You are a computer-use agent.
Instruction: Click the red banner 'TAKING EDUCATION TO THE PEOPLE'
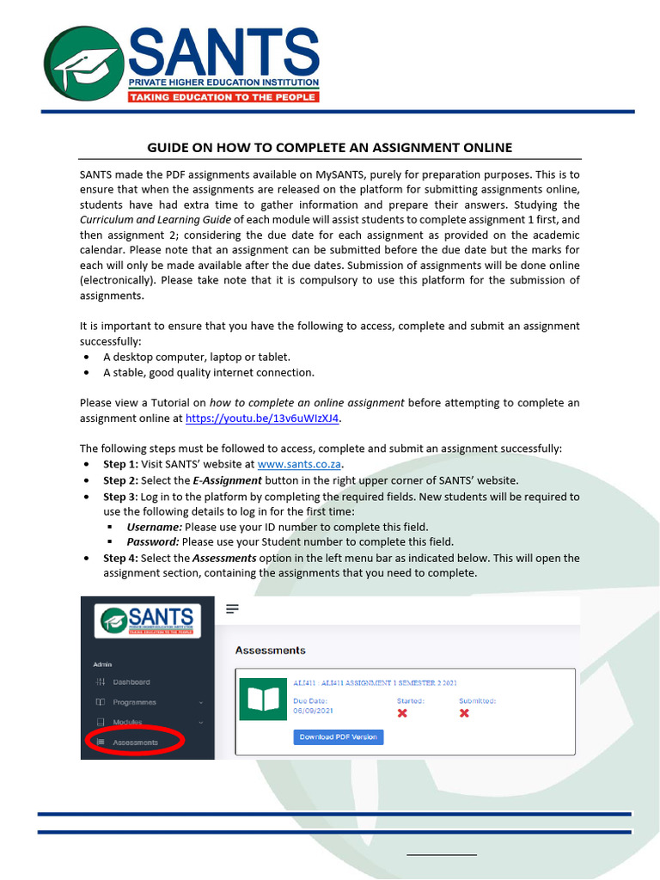click(223, 97)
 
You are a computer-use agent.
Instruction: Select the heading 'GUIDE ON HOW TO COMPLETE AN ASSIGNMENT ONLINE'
click(330, 147)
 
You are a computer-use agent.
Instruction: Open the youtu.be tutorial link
click(263, 419)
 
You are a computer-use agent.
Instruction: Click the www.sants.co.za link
click(294, 464)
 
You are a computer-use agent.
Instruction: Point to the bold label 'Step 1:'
click(120, 464)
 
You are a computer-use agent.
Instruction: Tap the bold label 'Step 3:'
click(120, 497)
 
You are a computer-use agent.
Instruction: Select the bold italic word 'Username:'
click(155, 527)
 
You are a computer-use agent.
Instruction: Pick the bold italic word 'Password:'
click(154, 542)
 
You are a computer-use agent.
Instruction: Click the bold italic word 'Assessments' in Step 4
click(224, 558)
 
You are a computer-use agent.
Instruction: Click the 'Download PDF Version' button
click(338, 736)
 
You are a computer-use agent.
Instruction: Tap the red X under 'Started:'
click(402, 713)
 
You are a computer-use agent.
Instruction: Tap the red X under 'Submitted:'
click(464, 713)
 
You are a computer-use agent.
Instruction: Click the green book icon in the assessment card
click(263, 701)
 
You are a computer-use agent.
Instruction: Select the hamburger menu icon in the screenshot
click(232, 609)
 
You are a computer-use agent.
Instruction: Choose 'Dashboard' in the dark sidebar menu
click(131, 682)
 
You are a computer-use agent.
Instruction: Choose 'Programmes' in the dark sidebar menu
click(134, 702)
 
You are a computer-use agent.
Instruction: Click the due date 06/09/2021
click(313, 712)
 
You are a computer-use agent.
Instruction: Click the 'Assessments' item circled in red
click(135, 742)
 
